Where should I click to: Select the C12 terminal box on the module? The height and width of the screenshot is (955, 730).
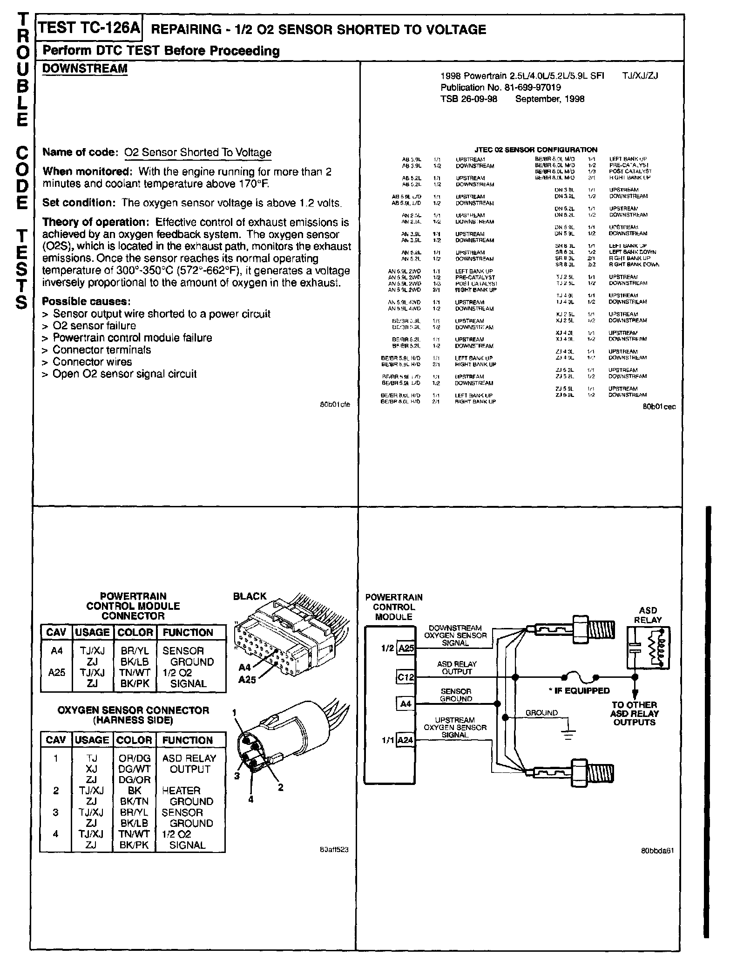pos(405,677)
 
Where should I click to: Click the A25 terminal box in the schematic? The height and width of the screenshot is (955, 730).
pos(406,648)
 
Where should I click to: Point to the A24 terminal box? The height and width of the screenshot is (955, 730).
pos(406,740)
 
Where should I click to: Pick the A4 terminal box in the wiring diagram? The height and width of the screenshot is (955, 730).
pos(406,703)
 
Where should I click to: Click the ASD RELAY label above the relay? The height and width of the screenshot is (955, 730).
pos(648,615)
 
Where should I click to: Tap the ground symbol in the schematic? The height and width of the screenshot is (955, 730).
pos(568,735)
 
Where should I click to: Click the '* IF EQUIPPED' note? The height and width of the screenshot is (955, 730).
pos(579,690)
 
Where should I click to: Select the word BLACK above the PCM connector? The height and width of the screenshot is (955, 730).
pos(250,596)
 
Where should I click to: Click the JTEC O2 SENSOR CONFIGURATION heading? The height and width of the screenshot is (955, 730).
pos(535,150)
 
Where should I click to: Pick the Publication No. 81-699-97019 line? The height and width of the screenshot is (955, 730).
pos(500,87)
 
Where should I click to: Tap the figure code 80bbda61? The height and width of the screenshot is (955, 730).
pos(657,850)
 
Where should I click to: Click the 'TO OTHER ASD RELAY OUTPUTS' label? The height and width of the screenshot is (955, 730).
pos(635,714)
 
